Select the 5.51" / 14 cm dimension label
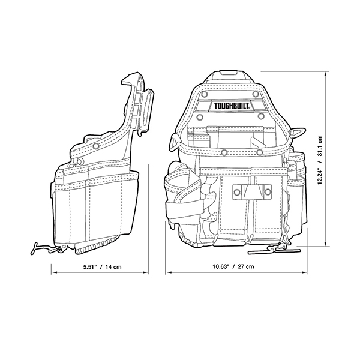tap(102, 267)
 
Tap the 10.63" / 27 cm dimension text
tap(233, 266)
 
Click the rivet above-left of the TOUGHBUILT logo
tap(203, 94)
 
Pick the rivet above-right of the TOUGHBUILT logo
tap(256, 94)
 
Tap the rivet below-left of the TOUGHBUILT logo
tap(200, 117)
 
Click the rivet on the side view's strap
tap(96, 146)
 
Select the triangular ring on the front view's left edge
tap(175, 142)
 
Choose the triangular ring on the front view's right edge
tap(298, 133)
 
